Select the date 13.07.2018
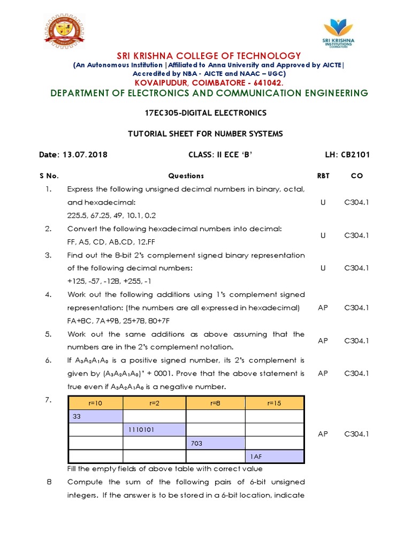tap(84, 155)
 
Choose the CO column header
tap(356, 176)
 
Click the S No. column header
tap(49, 176)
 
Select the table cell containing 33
tap(96, 416)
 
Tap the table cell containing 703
tap(215, 443)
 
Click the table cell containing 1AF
tap(275, 456)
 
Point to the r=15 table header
tap(275, 402)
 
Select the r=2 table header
tap(155, 402)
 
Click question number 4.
tap(48, 294)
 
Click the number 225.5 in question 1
tap(77, 216)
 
